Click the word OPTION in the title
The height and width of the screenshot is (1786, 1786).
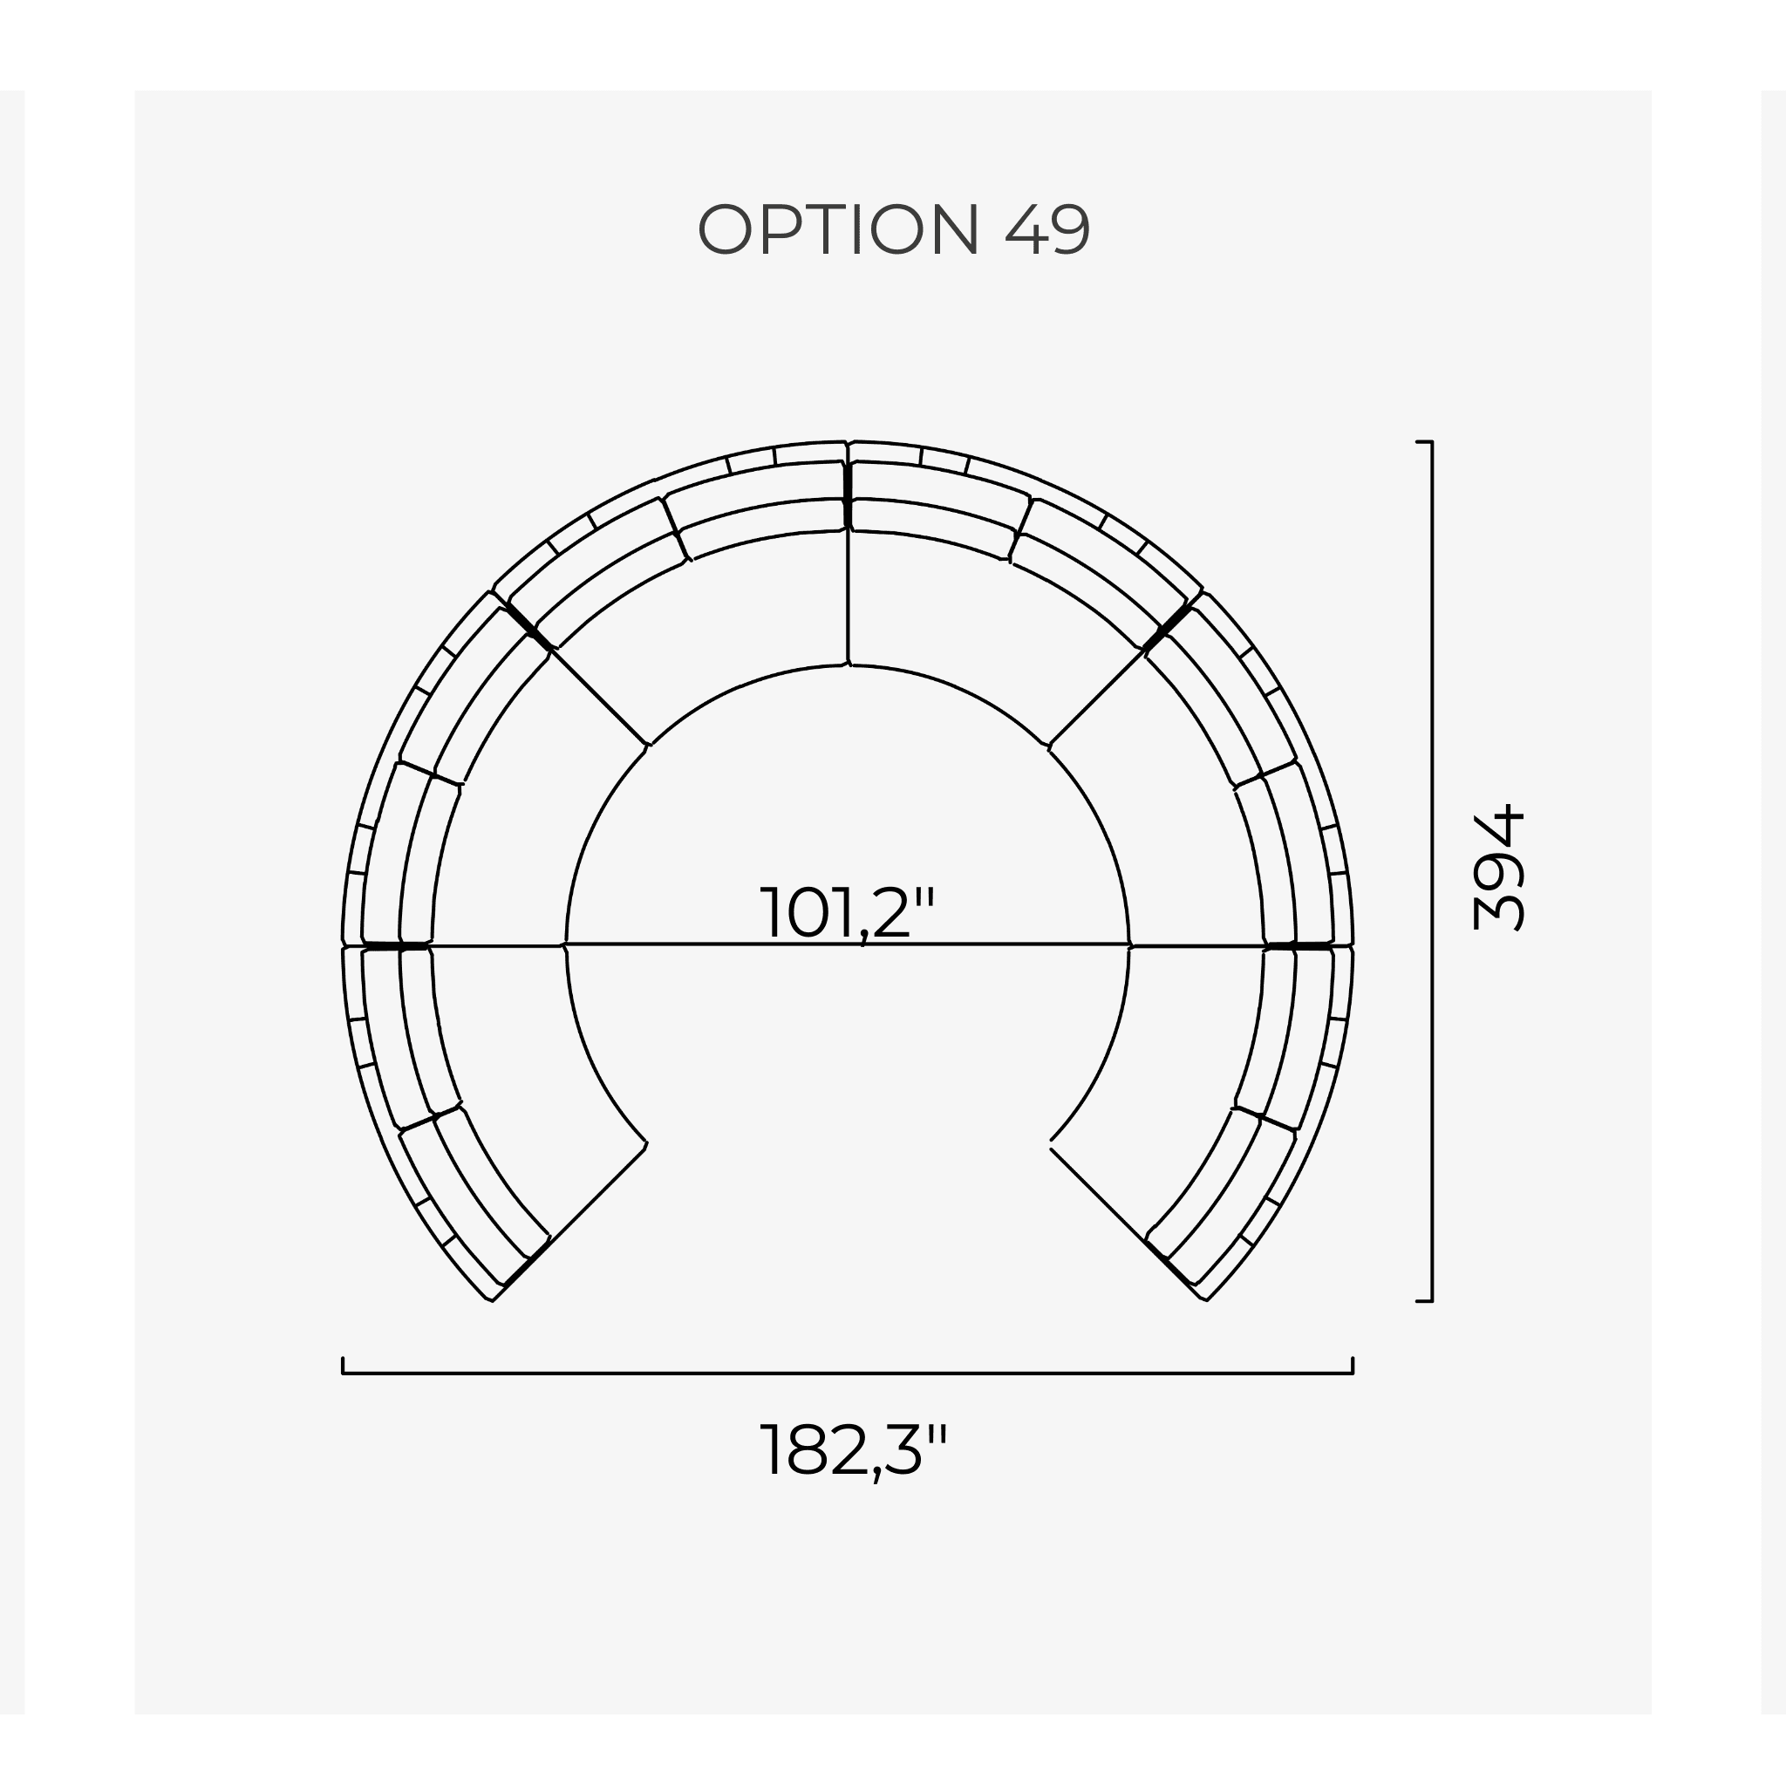pyautogui.click(x=837, y=229)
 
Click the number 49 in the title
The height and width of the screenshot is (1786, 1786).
pyautogui.click(x=1046, y=229)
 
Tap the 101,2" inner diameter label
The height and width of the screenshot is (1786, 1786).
pyautogui.click(x=848, y=912)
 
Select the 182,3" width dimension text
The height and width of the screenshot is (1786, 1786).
pyautogui.click(x=853, y=1449)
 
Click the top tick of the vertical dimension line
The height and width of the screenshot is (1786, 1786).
pyautogui.click(x=1423, y=443)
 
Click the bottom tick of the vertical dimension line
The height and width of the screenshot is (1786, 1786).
pyautogui.click(x=1423, y=1300)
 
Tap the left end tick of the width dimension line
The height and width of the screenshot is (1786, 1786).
pyautogui.click(x=343, y=1366)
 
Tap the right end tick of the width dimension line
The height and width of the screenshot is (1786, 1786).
pyautogui.click(x=1353, y=1366)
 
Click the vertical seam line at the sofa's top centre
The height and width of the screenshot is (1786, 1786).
pyautogui.click(x=848, y=591)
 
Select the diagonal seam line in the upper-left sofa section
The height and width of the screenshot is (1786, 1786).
pyautogui.click(x=599, y=696)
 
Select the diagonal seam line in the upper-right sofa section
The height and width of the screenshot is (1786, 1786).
pyautogui.click(x=1097, y=696)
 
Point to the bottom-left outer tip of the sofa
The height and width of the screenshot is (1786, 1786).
pyautogui.click(x=491, y=1299)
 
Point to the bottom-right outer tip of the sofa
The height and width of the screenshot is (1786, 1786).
pyautogui.click(x=1205, y=1299)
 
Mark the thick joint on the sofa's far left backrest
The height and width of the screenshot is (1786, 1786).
pyautogui.click(x=396, y=945)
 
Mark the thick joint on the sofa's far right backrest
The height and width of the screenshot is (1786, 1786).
pyautogui.click(x=1299, y=945)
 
